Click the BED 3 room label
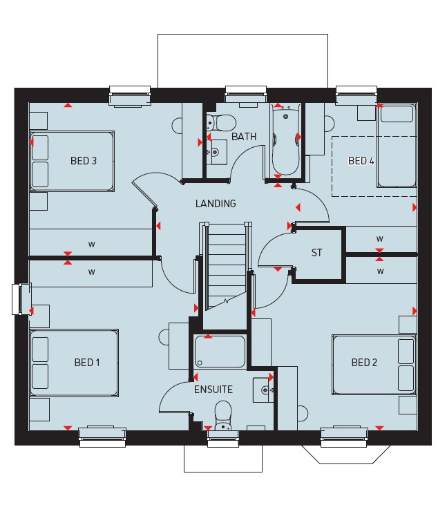(84, 160)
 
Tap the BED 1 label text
(87, 363)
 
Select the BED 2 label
(364, 363)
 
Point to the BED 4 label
(361, 160)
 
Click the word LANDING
(216, 204)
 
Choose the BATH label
(244, 137)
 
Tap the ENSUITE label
(213, 390)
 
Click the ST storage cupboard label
(316, 253)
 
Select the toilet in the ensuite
(223, 415)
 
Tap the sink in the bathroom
(217, 152)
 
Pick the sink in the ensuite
(263, 390)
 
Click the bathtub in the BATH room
(285, 140)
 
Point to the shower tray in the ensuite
(220, 351)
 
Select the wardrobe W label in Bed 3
(91, 245)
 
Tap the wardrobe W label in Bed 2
(381, 271)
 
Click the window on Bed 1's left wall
(21, 299)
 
